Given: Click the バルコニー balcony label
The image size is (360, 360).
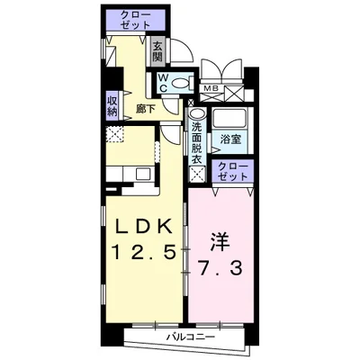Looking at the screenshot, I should coord(189,337).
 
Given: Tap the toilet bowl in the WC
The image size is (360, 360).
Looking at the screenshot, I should coord(182,82).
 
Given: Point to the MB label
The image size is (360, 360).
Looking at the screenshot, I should coord(209,88).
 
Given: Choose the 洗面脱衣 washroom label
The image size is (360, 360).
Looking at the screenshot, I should coord(197,142).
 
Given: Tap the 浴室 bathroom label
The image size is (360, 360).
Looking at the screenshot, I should coord(229,139).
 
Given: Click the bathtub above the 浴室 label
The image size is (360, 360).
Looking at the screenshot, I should coord(229,121).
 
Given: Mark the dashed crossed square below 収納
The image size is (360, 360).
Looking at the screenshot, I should coord(113,136).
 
